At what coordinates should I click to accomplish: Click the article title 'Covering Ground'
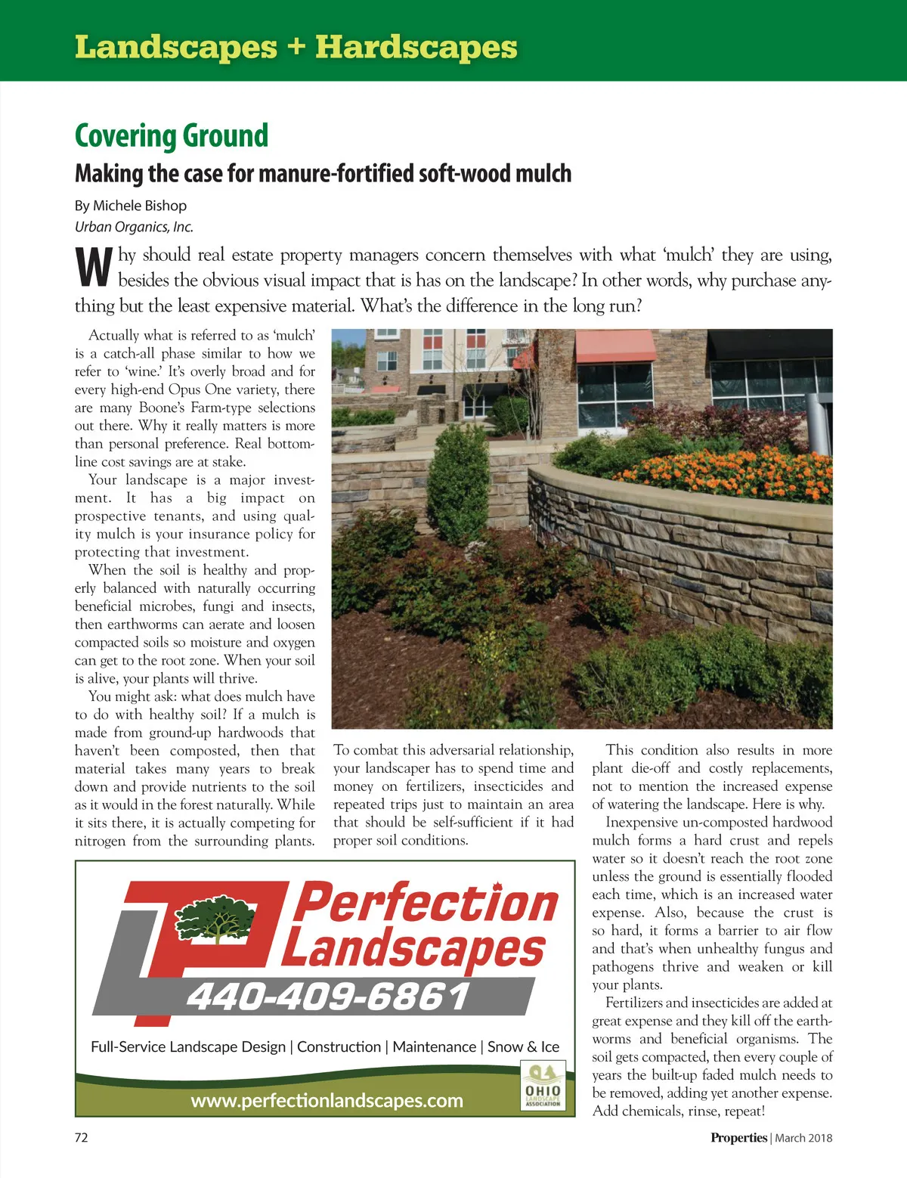[172, 136]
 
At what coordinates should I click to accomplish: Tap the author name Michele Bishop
[140, 206]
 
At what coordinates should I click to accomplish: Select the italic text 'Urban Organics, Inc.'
[134, 227]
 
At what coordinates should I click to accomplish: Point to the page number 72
[81, 1137]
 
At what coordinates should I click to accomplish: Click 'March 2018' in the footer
[803, 1138]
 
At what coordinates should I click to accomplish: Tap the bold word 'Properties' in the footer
[738, 1138]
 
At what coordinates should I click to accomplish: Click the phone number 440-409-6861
[328, 997]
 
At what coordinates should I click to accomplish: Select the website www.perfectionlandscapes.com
[327, 1100]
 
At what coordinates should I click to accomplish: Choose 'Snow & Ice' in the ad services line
[523, 1046]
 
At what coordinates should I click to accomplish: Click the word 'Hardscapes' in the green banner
[416, 47]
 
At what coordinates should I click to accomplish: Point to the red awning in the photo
[615, 346]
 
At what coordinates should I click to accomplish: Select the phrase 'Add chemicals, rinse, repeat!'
[679, 1111]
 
